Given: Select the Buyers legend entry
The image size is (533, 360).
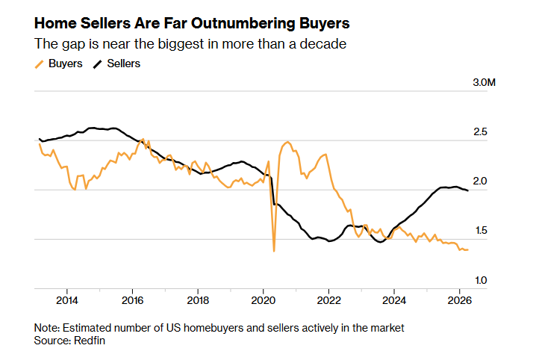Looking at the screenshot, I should [x=65, y=63].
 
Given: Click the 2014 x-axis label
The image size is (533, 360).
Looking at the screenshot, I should [x=66, y=301].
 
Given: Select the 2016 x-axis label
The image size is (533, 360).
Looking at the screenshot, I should [x=132, y=301].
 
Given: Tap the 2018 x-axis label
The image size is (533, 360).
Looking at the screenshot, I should [x=198, y=301].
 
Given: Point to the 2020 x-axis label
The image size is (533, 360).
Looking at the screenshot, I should [x=264, y=301].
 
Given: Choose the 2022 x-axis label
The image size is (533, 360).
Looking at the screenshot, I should [x=329, y=301].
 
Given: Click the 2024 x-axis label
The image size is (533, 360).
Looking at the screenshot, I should [x=395, y=301].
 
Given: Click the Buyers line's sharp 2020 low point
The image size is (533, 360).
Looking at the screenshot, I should [x=274, y=251].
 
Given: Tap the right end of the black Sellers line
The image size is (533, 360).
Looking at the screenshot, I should [x=468, y=191].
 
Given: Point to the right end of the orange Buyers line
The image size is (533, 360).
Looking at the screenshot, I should [x=468, y=249].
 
